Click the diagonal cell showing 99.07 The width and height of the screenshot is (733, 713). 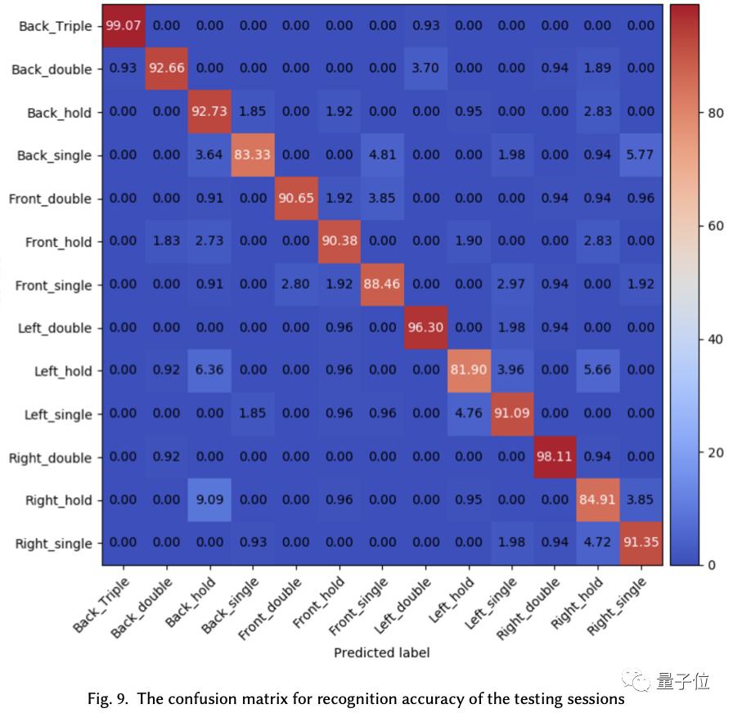pyautogui.click(x=124, y=26)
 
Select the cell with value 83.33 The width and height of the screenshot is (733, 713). pyautogui.click(x=253, y=155)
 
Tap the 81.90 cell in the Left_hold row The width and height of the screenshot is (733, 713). pyautogui.click(x=468, y=370)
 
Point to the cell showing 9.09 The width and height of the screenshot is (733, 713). pyautogui.click(x=209, y=500)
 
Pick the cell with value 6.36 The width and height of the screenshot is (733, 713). pyautogui.click(x=209, y=370)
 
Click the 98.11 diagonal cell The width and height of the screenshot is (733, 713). pyautogui.click(x=555, y=457)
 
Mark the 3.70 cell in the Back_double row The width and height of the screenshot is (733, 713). pyautogui.click(x=425, y=69)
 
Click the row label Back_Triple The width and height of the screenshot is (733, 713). pyautogui.click(x=55, y=26)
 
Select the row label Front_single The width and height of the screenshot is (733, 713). pyautogui.click(x=53, y=285)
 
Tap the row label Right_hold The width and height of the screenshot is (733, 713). pyautogui.click(x=59, y=500)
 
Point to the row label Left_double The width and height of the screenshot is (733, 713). pyautogui.click(x=55, y=328)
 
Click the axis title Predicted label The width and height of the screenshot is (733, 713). pyautogui.click(x=381, y=652)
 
